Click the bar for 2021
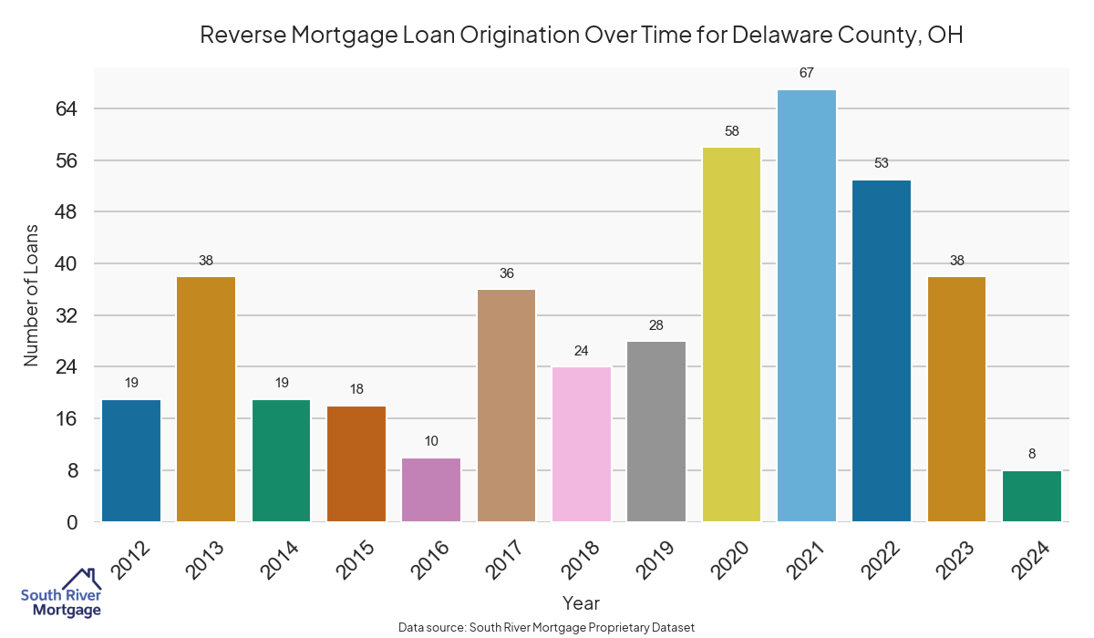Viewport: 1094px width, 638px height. tap(807, 305)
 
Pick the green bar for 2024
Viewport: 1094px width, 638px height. tap(1032, 496)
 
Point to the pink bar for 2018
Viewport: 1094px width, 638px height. tap(582, 444)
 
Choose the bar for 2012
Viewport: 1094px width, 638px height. tap(131, 460)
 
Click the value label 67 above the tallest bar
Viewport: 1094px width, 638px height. tap(807, 73)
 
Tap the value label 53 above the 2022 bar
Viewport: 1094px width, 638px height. tap(882, 164)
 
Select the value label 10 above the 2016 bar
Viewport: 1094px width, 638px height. tap(431, 441)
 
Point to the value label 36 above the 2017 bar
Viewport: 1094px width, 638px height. tap(507, 273)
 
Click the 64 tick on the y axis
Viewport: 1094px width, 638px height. tap(68, 108)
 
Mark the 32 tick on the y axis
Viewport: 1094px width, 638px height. tap(68, 315)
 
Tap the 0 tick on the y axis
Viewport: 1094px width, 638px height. tap(73, 522)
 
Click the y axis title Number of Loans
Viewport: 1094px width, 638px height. tap(32, 295)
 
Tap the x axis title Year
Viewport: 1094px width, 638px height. tap(581, 603)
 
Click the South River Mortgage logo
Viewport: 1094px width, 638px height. tap(61, 593)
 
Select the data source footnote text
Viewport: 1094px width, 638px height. tap(547, 627)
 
